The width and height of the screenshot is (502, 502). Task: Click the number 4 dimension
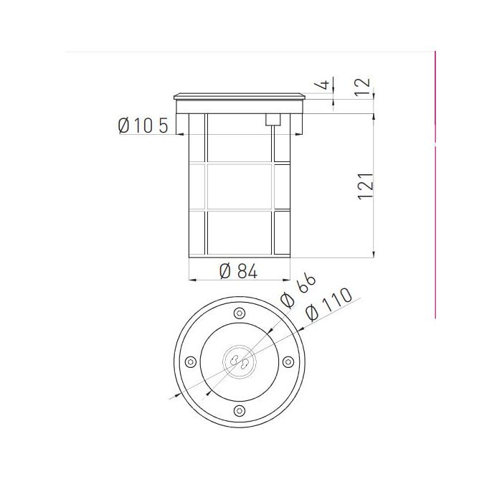click(324, 85)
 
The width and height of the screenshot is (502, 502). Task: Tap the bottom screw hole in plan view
click(239, 410)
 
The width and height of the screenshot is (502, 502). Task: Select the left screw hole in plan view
click(189, 361)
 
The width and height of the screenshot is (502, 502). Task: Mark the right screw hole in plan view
click(288, 361)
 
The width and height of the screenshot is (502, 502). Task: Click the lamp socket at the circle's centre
click(239, 361)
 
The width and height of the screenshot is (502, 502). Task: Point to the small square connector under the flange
click(272, 120)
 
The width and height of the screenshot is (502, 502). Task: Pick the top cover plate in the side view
click(240, 95)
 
